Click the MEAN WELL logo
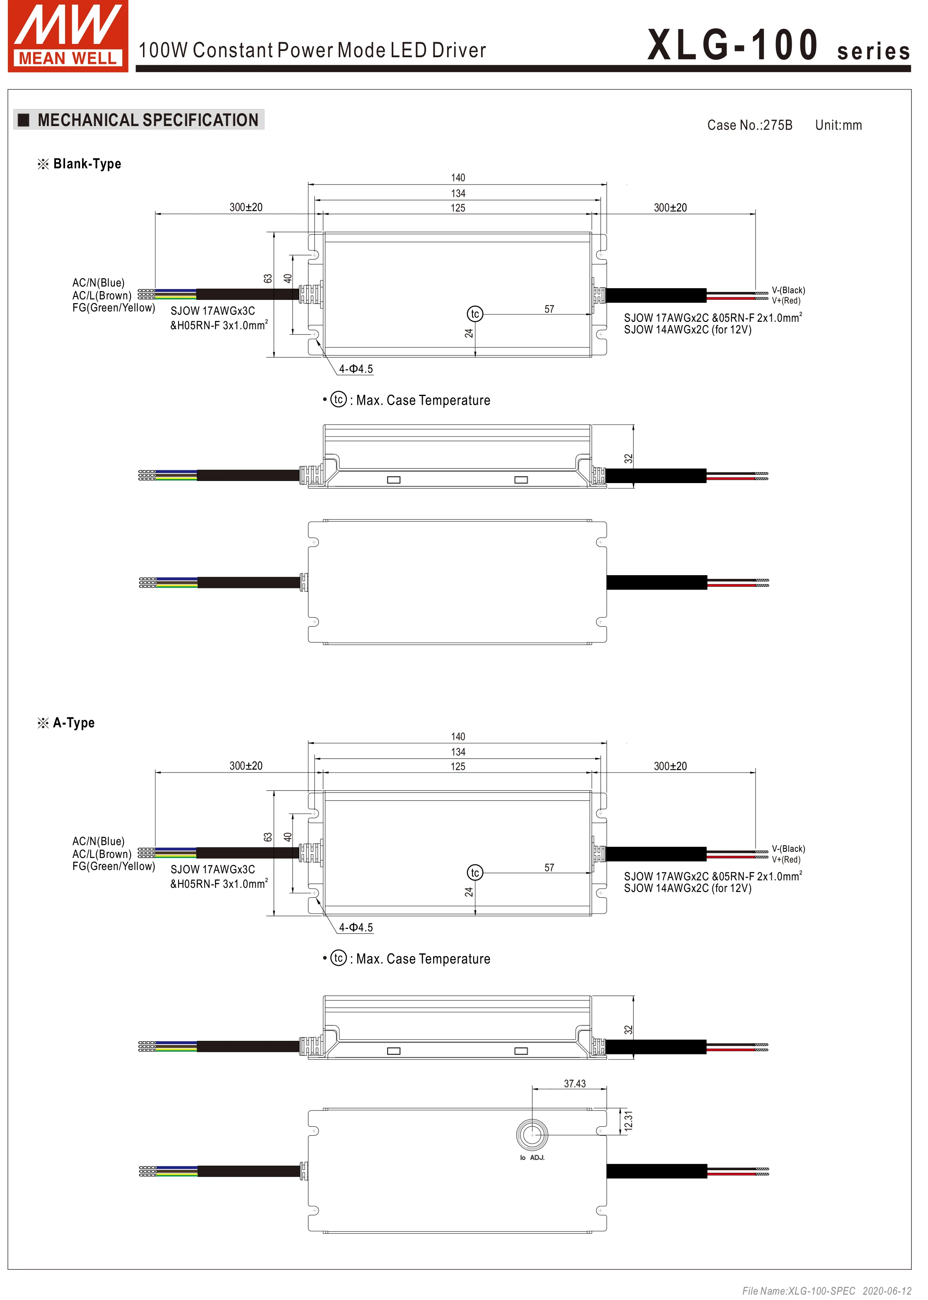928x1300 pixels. (68, 36)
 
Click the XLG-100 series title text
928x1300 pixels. (778, 46)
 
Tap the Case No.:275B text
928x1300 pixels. (750, 125)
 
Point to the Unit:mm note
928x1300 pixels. (838, 125)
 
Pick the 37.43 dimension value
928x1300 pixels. (575, 1084)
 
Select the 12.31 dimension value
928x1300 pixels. (629, 1121)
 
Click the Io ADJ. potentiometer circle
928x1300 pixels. (532, 1134)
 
